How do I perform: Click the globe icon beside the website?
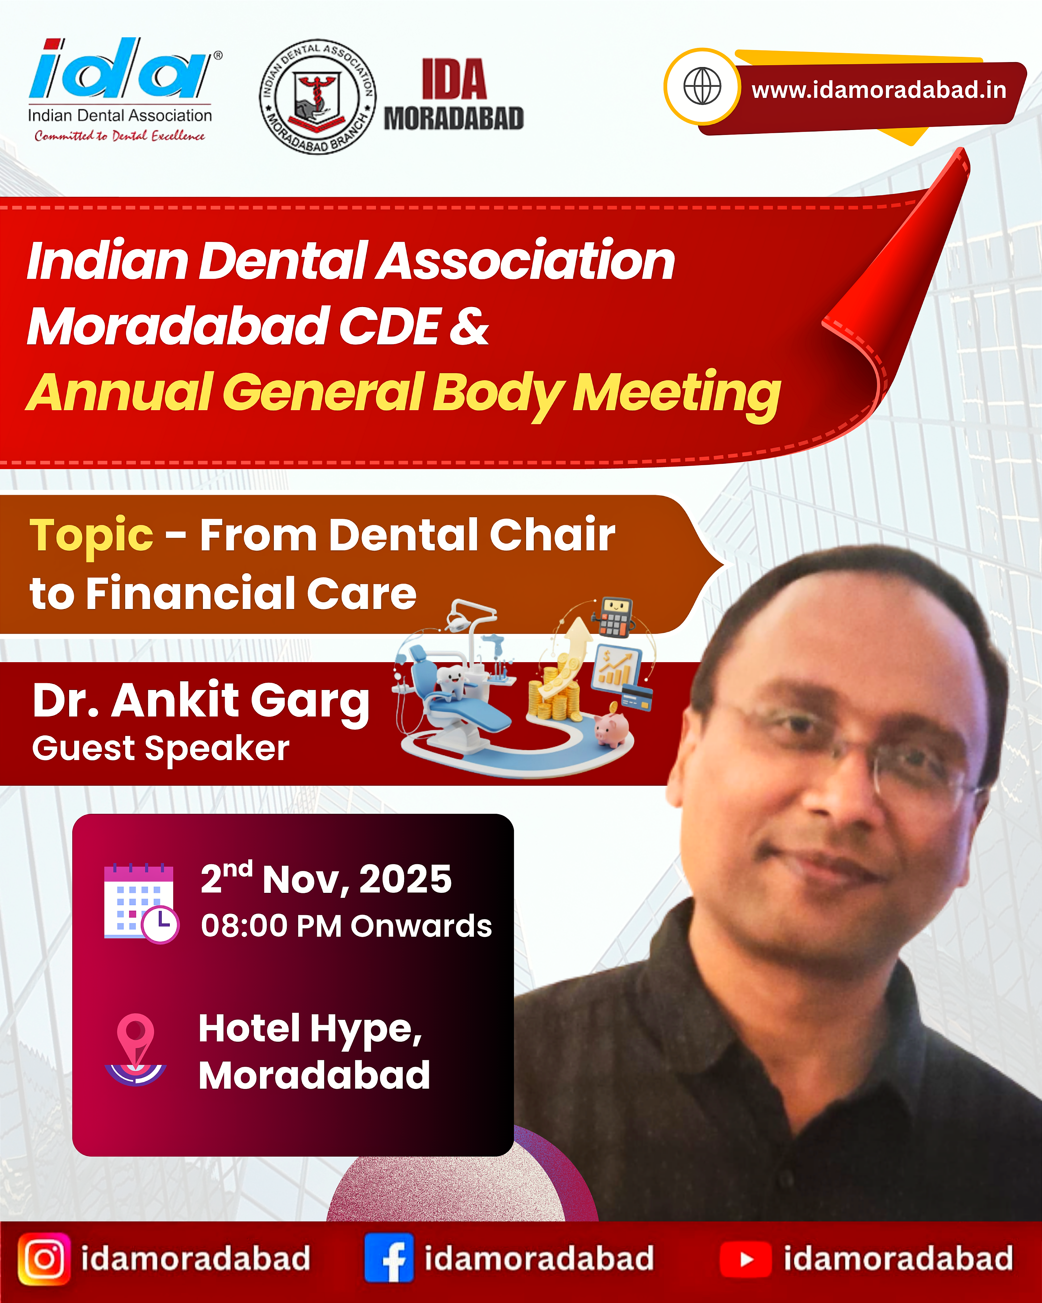tap(702, 86)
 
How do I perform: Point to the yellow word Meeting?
tap(676, 393)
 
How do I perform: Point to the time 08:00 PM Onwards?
tap(346, 926)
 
